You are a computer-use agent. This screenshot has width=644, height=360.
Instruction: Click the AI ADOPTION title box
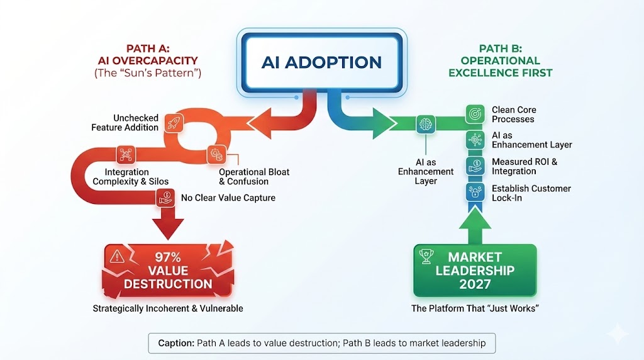tap(321, 62)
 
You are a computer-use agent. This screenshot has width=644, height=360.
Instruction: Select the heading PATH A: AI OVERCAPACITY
tap(148, 55)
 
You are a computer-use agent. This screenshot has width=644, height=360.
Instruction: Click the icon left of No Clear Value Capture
tap(165, 198)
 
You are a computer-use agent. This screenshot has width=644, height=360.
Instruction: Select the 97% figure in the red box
tap(167, 257)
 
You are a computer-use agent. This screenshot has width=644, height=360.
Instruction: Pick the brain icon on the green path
tap(425, 123)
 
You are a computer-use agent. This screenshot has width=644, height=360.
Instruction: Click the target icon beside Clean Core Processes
tap(474, 114)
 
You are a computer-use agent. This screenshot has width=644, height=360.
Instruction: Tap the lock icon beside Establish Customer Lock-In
tap(474, 192)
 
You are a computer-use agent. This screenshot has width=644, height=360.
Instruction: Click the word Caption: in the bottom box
tap(175, 344)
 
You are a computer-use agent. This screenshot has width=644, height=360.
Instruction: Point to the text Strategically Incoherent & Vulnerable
tap(168, 308)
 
